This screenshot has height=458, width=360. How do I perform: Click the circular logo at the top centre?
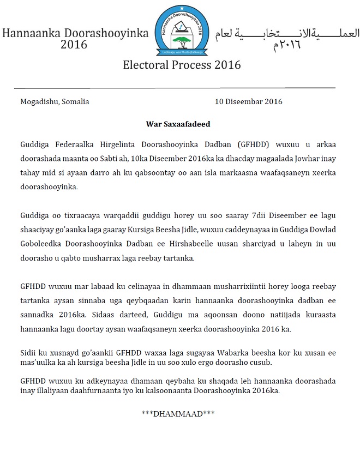(x=181, y=31)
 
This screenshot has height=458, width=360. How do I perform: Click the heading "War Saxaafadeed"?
(x=178, y=124)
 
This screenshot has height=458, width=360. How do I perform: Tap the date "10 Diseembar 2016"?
(x=248, y=101)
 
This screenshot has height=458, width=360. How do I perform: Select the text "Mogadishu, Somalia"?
(x=55, y=101)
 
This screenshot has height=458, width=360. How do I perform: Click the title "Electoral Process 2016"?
(x=182, y=65)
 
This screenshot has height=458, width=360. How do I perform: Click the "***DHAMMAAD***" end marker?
(x=178, y=414)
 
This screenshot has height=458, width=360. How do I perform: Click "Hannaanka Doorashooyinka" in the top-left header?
(x=75, y=33)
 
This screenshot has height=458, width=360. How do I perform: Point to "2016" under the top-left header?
(x=74, y=45)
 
